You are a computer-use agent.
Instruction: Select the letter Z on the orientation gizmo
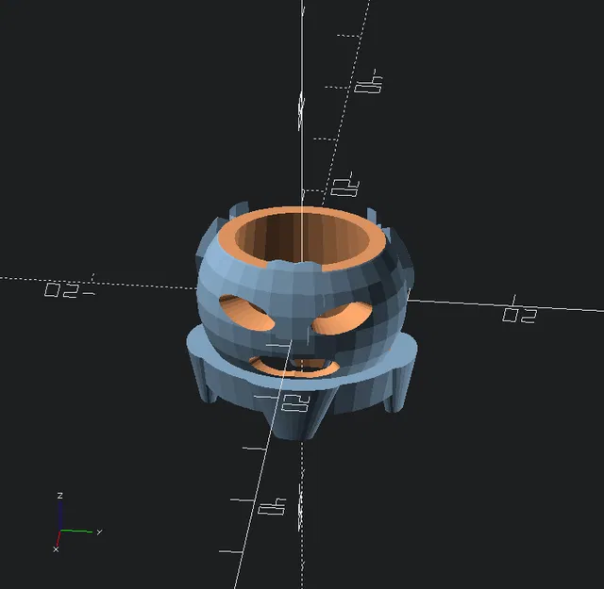59,495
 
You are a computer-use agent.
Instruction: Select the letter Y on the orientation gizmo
98,532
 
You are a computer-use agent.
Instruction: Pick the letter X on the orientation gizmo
56,548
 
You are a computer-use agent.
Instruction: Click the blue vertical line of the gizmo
59,516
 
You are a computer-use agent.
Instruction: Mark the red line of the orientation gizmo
58,538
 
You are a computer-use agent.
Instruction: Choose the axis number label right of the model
520,314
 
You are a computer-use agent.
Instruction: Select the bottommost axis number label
273,508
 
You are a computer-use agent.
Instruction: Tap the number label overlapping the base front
296,405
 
